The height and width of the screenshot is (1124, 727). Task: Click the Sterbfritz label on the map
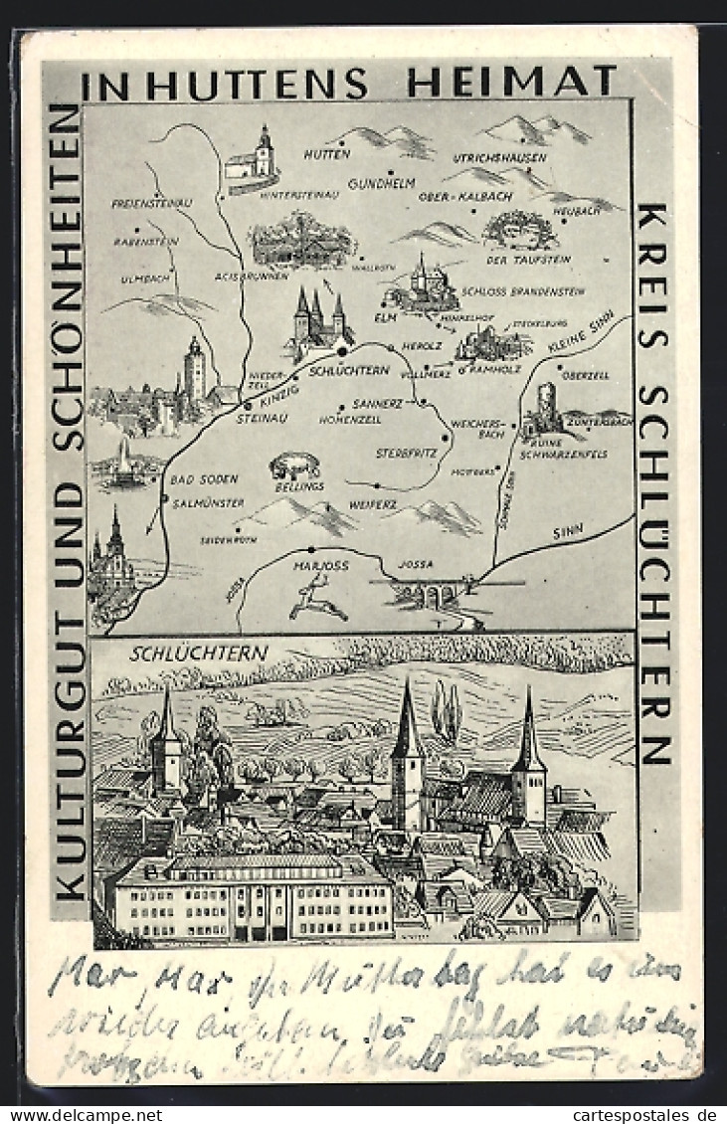click(x=408, y=453)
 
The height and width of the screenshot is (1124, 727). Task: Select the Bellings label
click(x=299, y=486)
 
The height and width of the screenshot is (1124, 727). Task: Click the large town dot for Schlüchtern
click(x=342, y=351)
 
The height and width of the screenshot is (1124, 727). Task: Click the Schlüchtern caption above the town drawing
click(x=199, y=654)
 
